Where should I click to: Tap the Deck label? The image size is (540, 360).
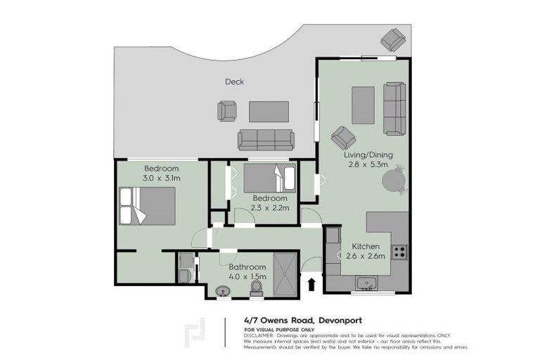point(234,82)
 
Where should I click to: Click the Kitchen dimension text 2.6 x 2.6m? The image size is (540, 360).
point(365,256)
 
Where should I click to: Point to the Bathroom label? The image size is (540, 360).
point(247,267)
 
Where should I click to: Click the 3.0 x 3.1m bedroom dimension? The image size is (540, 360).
point(162,179)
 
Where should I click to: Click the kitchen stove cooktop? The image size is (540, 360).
point(399,251)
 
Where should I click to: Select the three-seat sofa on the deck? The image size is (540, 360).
point(266,140)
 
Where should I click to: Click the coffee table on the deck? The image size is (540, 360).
point(269,111)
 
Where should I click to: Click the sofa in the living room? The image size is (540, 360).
point(394,108)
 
